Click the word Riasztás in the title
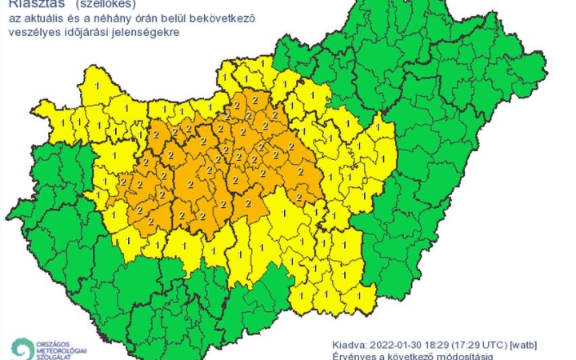click(x=30, y=4)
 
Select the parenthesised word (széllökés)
click(x=111, y=4)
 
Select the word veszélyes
click(x=32, y=33)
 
